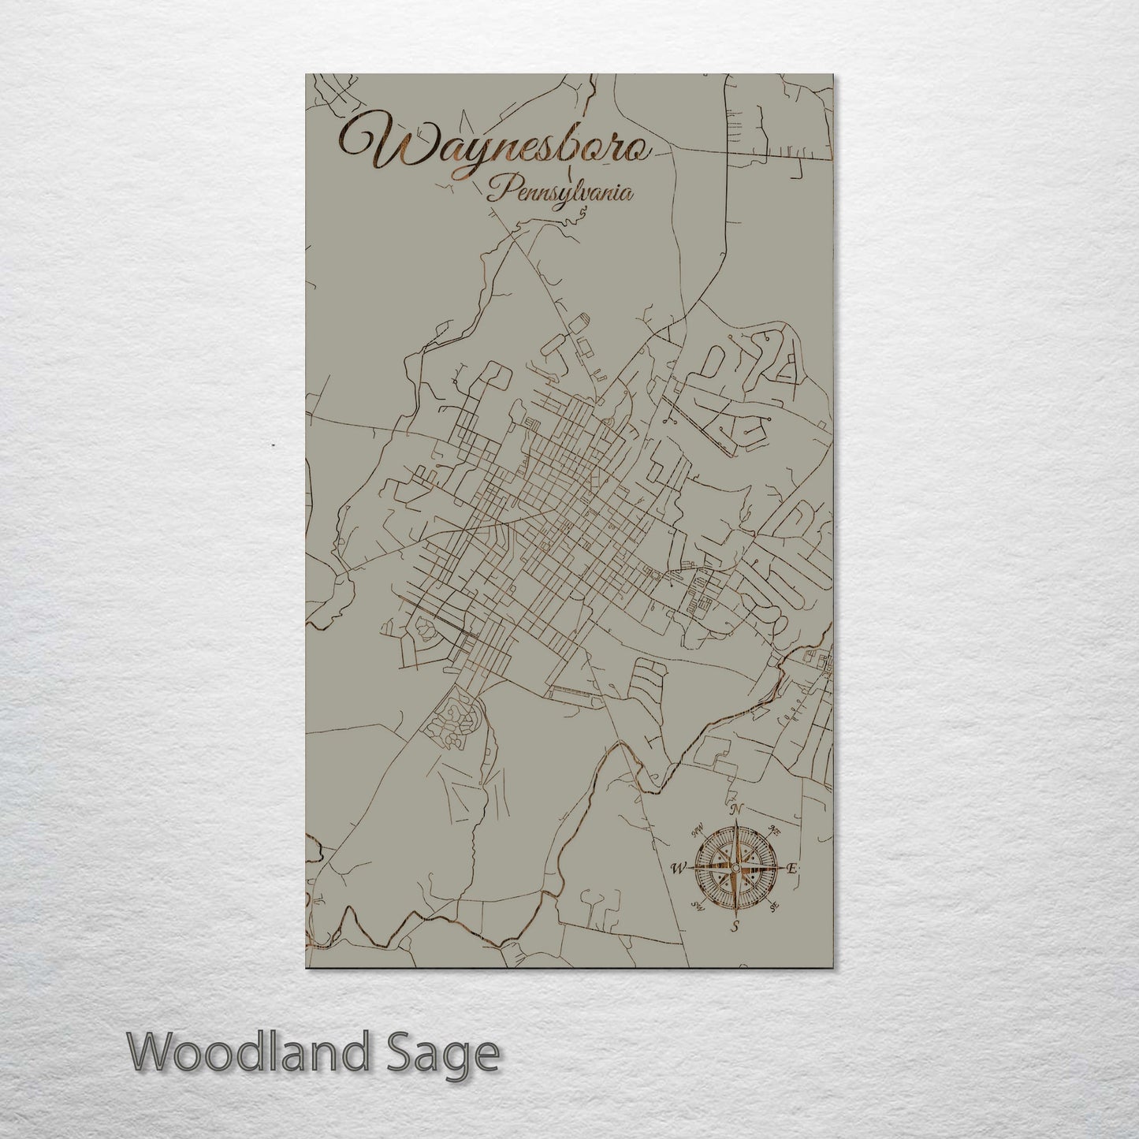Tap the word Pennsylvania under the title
tap(560, 192)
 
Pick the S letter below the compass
tap(735, 926)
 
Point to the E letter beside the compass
tap(792, 868)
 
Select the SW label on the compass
tap(697, 906)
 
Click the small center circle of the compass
tap(735, 868)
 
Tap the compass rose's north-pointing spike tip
tap(735, 821)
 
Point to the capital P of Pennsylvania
tap(497, 189)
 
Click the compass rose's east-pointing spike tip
tap(782, 868)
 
